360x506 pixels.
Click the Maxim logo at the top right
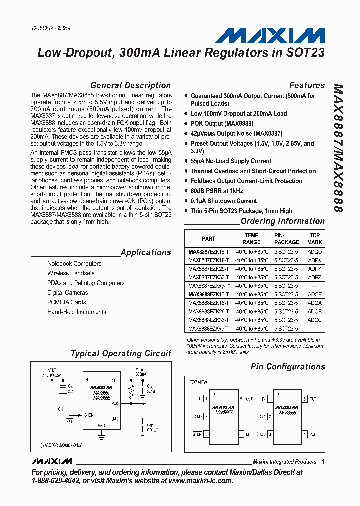[270, 36]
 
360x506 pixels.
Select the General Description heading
[130, 85]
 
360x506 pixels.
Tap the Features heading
[307, 85]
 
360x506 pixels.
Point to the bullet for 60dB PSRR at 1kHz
[186, 191]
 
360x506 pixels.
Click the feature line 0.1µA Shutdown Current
[224, 201]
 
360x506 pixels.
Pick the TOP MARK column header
[315, 238]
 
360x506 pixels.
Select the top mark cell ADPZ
[315, 277]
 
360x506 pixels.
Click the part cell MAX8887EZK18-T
[209, 260]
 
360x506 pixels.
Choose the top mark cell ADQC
[315, 320]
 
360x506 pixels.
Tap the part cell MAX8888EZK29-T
[209, 311]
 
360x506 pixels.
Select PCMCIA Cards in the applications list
[66, 302]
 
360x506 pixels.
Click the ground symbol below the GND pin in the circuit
[102, 434]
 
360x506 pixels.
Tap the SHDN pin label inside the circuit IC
[89, 415]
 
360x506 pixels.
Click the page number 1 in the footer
[323, 462]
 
